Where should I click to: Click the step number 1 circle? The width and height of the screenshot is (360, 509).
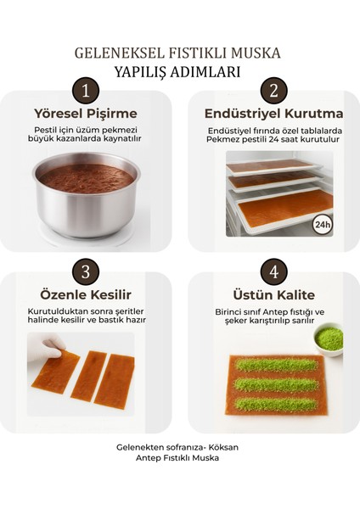coord(85,91)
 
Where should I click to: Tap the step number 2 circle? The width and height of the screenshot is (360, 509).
coord(273,91)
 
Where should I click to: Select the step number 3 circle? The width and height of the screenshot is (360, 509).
coord(85,271)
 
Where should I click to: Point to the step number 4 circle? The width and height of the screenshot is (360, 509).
coord(273,271)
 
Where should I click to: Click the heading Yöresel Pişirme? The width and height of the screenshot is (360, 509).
coord(85,113)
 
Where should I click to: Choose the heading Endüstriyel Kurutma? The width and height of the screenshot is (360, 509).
coord(273,113)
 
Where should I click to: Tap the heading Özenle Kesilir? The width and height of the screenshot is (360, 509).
coord(85,294)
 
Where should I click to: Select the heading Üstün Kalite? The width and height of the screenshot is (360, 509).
coord(273,294)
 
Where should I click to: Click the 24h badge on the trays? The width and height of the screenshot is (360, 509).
coord(322,224)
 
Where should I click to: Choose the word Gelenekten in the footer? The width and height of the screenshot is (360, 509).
coord(140,447)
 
